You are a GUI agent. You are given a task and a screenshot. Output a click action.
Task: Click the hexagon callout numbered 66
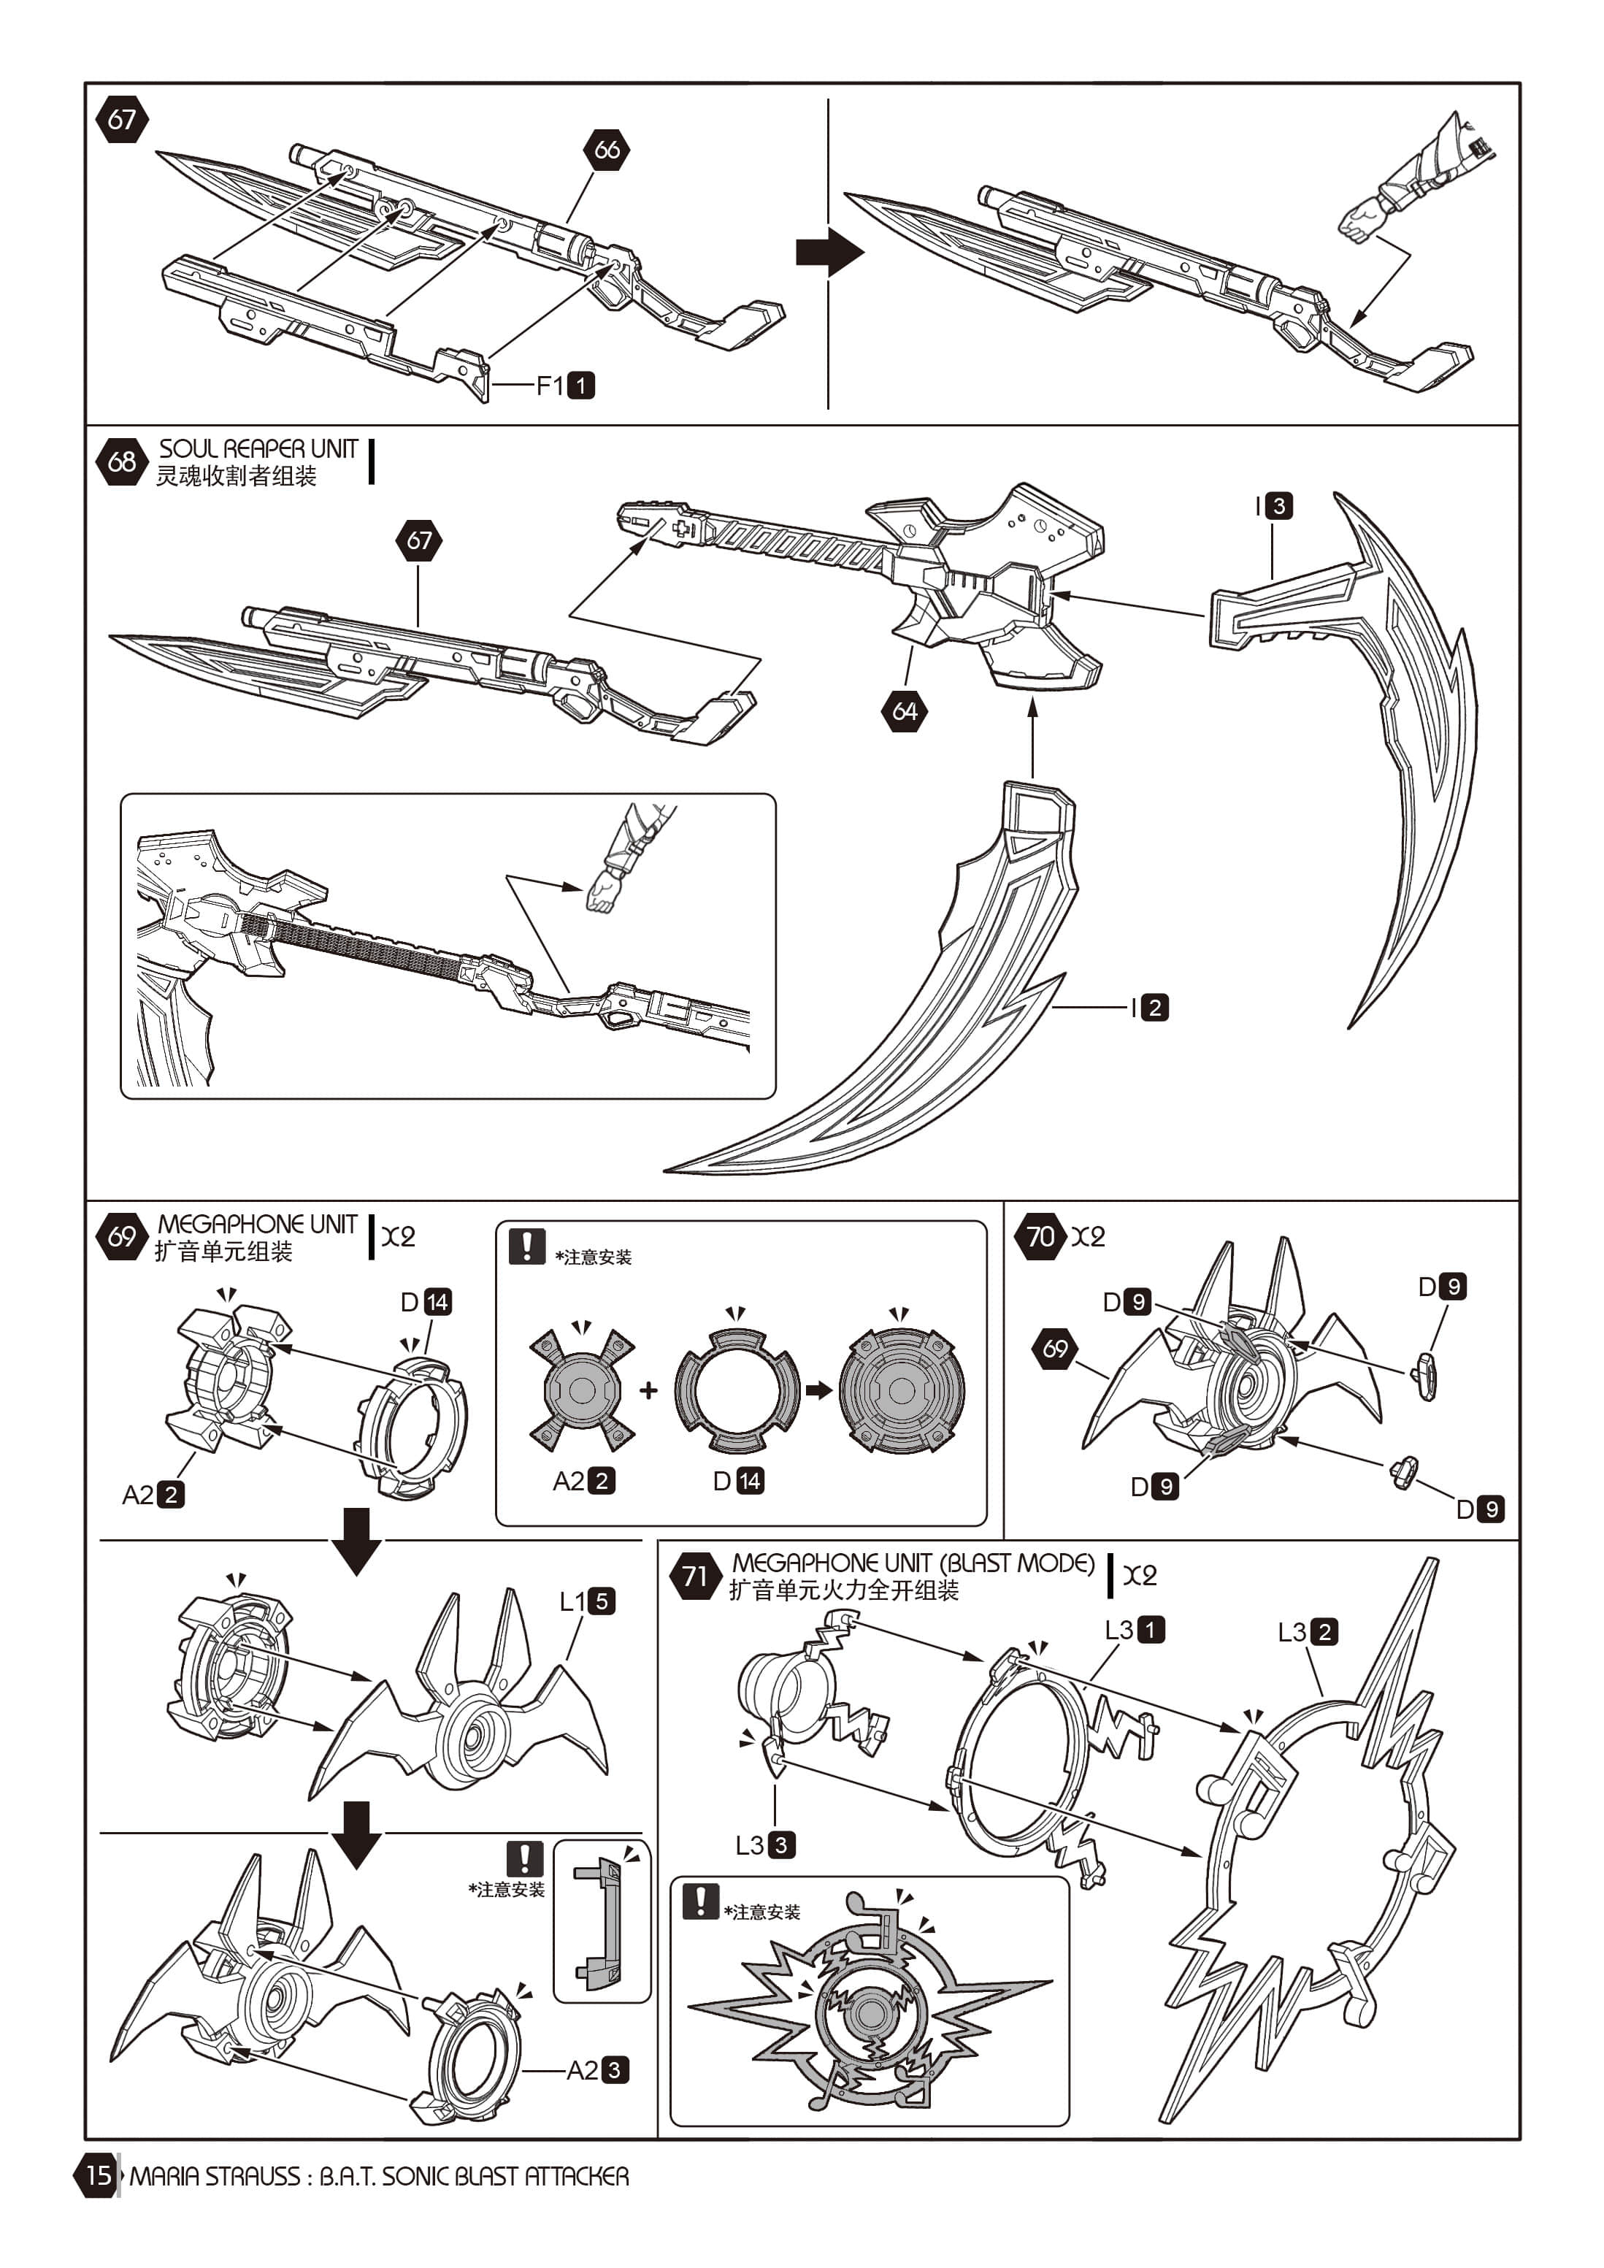tap(607, 150)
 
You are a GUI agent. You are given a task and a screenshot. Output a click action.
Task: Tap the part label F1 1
tap(566, 386)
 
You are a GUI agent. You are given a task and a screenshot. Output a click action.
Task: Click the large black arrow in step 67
tap(829, 252)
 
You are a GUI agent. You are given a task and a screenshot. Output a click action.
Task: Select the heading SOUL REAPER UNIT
tap(258, 450)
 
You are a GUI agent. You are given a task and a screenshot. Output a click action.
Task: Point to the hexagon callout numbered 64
tap(904, 711)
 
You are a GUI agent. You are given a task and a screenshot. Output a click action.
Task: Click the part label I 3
tap(1273, 507)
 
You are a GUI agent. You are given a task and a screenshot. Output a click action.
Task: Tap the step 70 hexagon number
tap(1040, 1237)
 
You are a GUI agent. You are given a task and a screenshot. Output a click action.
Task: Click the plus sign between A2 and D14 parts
tap(648, 1391)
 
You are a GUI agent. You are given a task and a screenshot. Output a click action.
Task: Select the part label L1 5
tap(588, 1601)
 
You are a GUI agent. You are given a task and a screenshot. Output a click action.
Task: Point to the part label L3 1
tap(1135, 1630)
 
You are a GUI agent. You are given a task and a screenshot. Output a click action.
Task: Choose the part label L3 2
tap(1308, 1632)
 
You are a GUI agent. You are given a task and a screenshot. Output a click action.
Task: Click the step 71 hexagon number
tap(694, 1576)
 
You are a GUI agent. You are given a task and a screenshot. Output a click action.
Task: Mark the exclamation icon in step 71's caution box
tap(700, 1901)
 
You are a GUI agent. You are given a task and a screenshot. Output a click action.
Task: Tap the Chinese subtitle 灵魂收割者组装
tap(236, 476)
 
